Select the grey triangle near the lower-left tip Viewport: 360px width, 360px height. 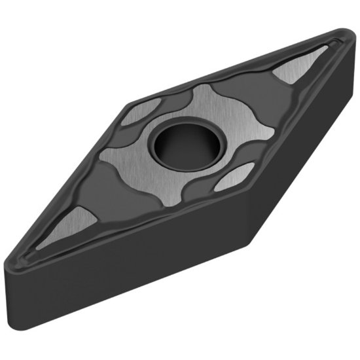click(68, 222)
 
